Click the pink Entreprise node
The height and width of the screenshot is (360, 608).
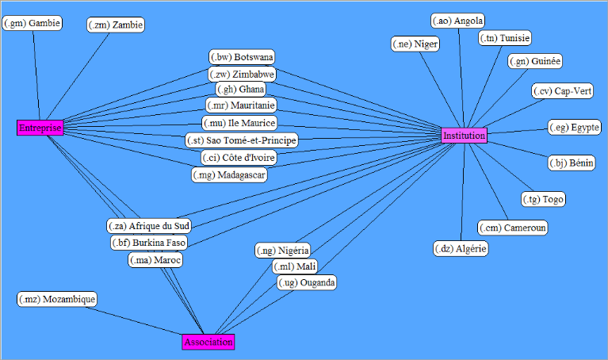[40, 128]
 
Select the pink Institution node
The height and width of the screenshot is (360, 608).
[464, 136]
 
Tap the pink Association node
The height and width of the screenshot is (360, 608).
[208, 342]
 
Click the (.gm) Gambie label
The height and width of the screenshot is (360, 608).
[33, 24]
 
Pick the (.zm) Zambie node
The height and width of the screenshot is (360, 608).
[116, 25]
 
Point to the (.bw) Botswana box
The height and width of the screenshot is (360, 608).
[242, 57]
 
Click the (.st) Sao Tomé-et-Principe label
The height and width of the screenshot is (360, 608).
[241, 140]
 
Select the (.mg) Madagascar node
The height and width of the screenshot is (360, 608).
[229, 174]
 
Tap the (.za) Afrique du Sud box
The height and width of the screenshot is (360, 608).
[148, 225]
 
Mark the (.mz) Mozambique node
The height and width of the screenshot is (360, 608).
[57, 299]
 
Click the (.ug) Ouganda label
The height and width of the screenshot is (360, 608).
[307, 282]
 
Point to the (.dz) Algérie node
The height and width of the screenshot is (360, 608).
[461, 249]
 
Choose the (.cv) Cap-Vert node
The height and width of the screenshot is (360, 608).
[562, 91]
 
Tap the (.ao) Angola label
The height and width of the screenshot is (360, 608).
[458, 21]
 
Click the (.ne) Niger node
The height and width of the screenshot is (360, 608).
[415, 44]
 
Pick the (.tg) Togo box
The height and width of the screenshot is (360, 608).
[544, 199]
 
